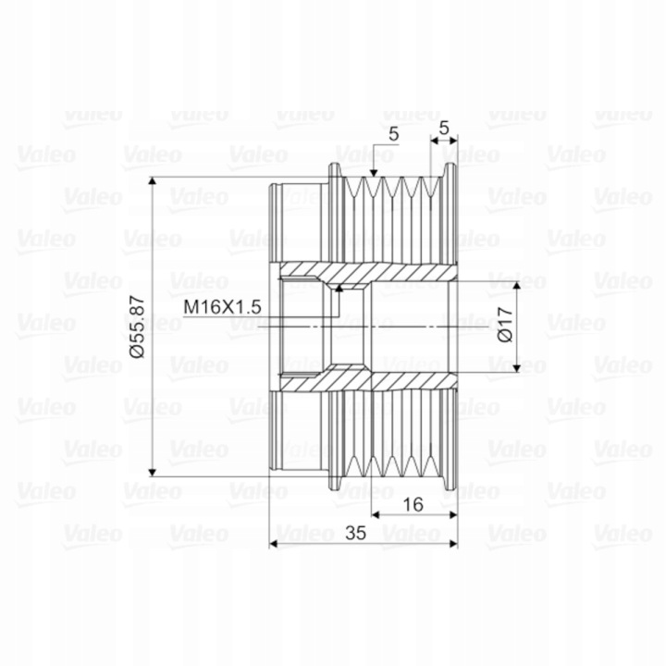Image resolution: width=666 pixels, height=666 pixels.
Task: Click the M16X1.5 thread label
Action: click(x=222, y=307)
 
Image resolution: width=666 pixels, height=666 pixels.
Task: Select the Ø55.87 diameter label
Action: click(x=138, y=327)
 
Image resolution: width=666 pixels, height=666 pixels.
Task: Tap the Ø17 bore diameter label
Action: click(x=505, y=325)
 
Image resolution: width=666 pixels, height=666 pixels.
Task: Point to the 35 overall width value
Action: click(x=355, y=533)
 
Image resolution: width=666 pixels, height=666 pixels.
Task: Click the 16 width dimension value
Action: click(x=413, y=505)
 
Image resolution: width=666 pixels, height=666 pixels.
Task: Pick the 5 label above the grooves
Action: click(x=394, y=134)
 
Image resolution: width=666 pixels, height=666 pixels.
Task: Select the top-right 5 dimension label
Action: click(x=444, y=128)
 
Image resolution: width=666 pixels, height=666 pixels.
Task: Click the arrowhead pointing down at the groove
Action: click(x=374, y=172)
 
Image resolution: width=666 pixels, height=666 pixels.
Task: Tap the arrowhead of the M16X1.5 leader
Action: click(x=339, y=289)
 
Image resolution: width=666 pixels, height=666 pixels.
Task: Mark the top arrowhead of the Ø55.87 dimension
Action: click(x=153, y=182)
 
